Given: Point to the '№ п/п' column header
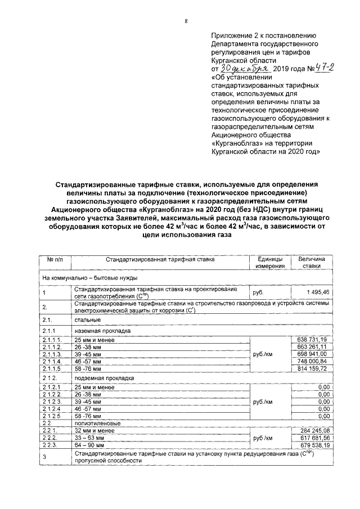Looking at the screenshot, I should [x=54, y=259].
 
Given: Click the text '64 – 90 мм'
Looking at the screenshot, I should [x=89, y=445].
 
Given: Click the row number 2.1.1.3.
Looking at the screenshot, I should [x=52, y=354].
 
